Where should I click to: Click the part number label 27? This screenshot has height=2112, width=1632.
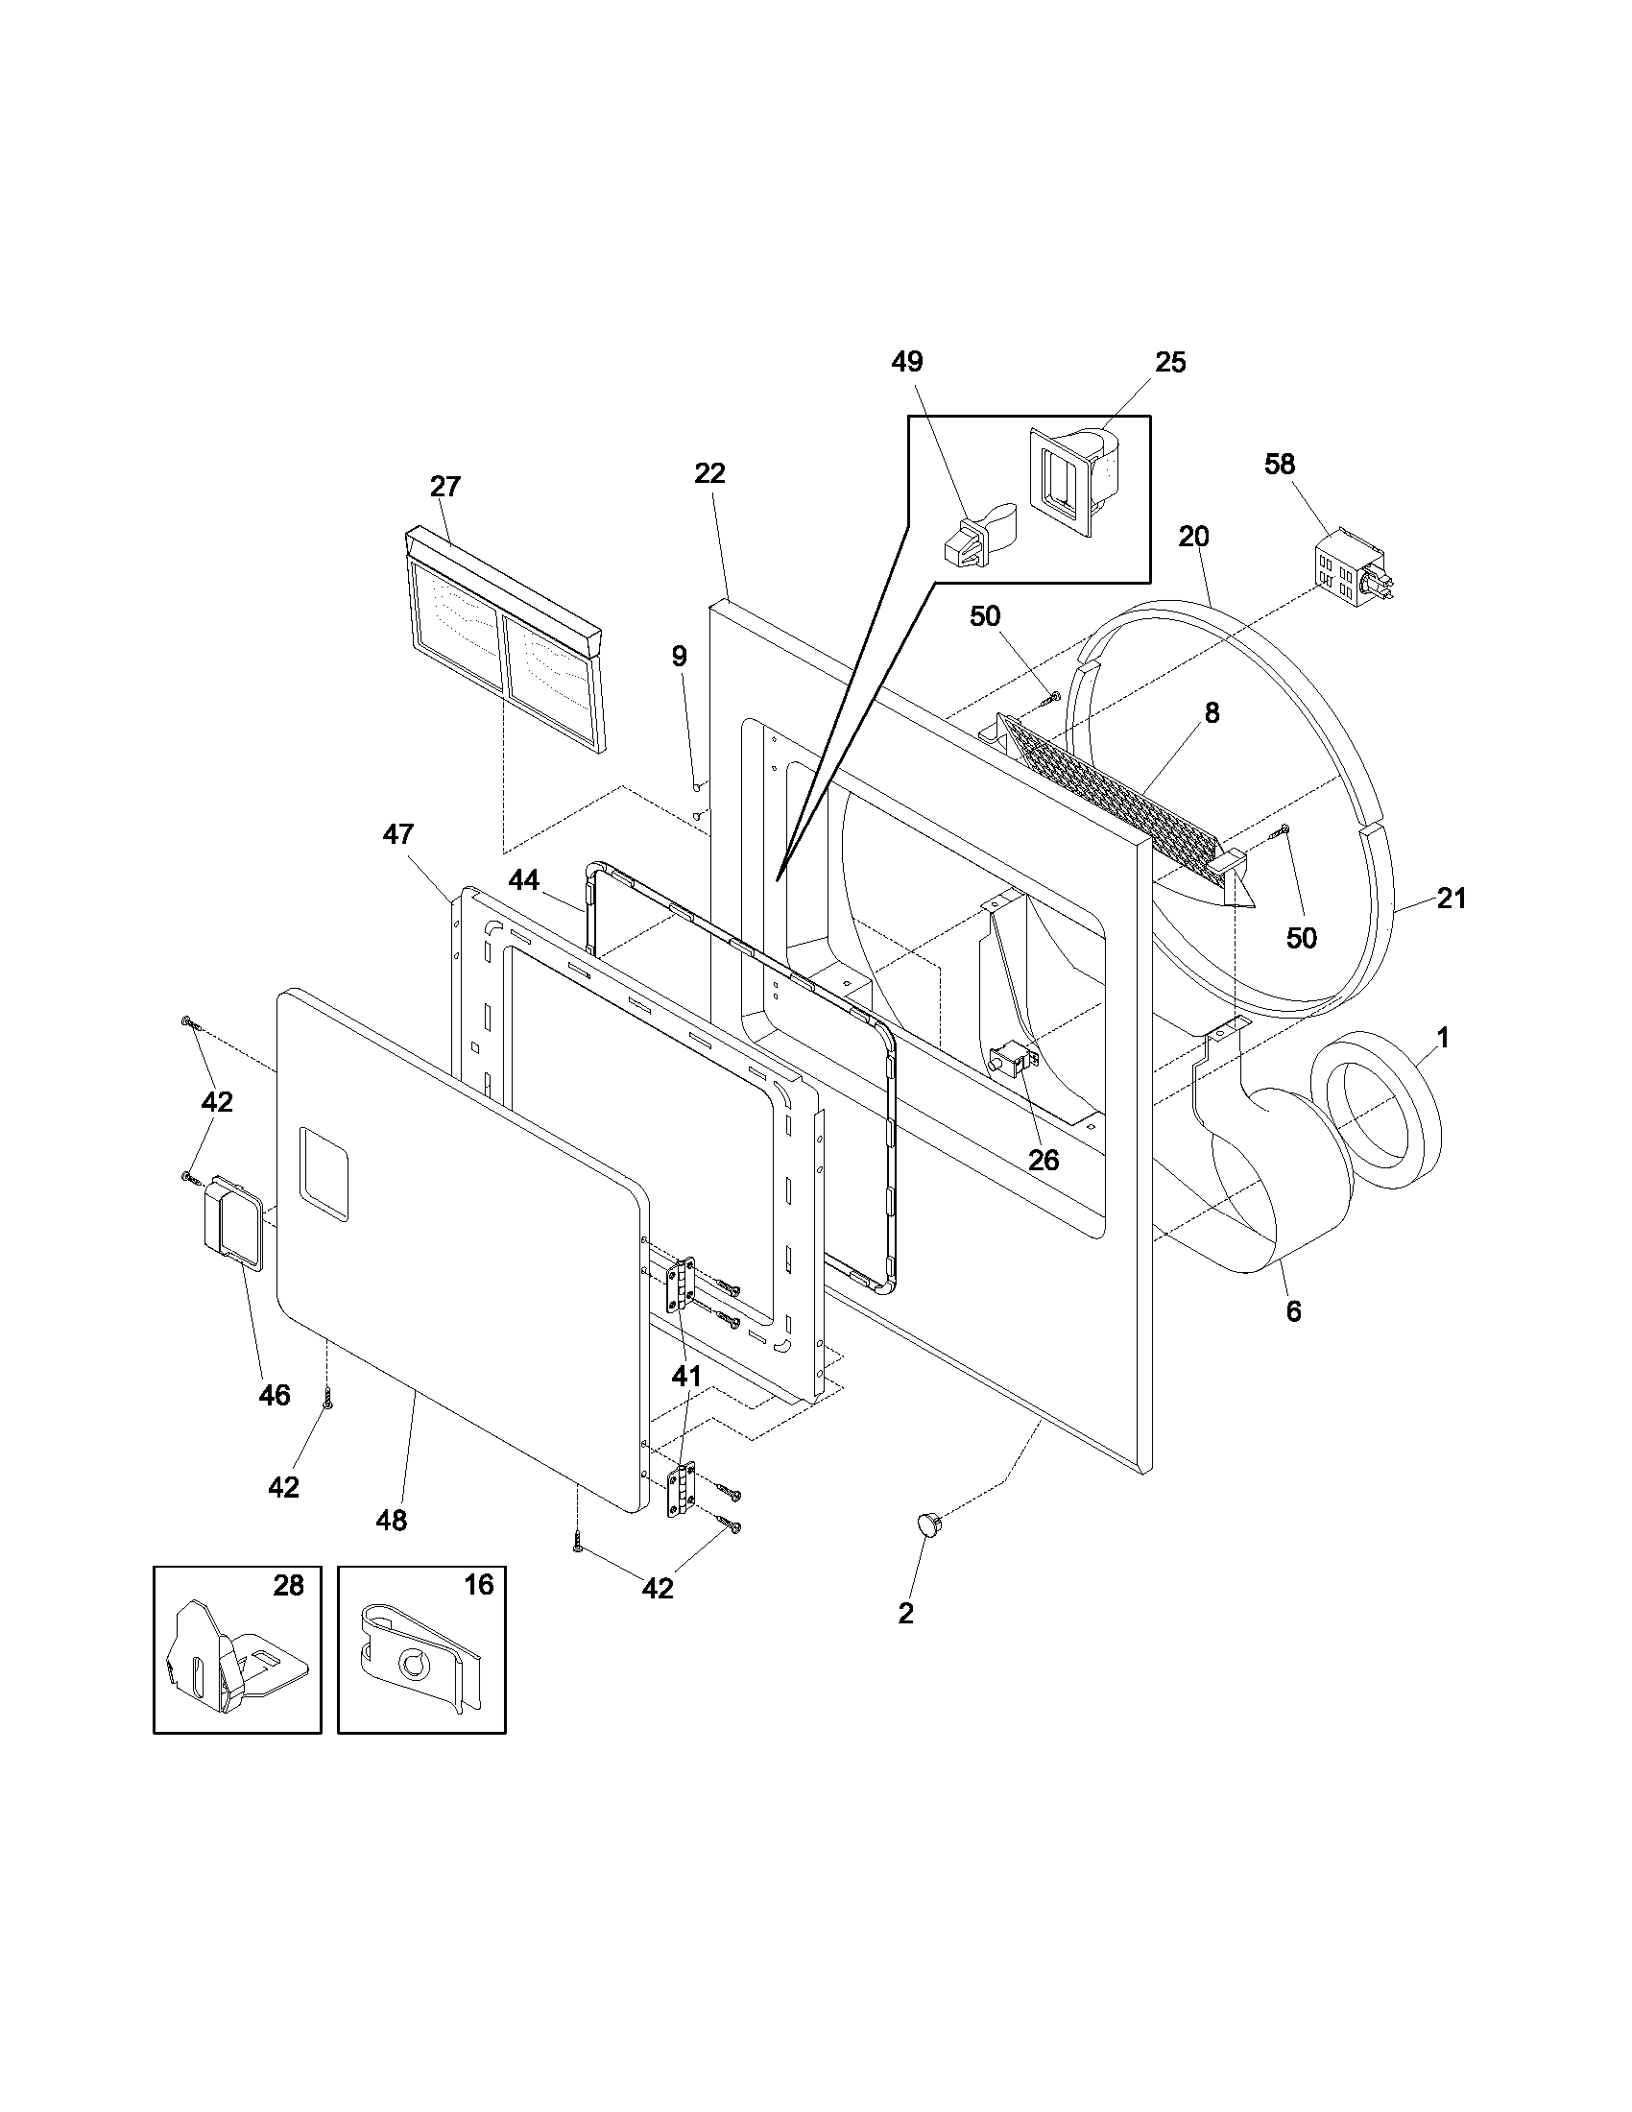pyautogui.click(x=445, y=487)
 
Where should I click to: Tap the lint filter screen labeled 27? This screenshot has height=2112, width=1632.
pyautogui.click(x=506, y=643)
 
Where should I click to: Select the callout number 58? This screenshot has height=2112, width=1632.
pyautogui.click(x=1279, y=465)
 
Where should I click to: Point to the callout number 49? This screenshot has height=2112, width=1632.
pyautogui.click(x=907, y=362)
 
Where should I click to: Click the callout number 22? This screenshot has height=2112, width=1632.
pyautogui.click(x=709, y=474)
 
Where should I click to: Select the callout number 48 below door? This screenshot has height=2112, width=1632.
pyautogui.click(x=392, y=1521)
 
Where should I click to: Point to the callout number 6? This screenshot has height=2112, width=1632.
pyautogui.click(x=1294, y=1311)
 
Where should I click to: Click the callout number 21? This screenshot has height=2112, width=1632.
pyautogui.click(x=1452, y=899)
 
